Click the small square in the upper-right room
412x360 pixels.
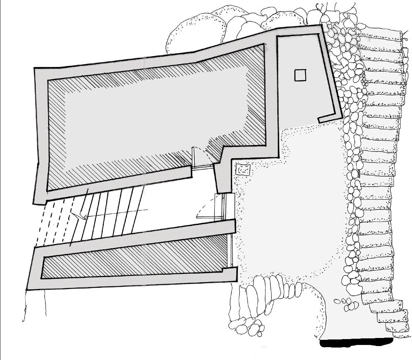pos(300,75)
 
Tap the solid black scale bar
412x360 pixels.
pos(356,343)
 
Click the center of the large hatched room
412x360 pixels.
pos(154,117)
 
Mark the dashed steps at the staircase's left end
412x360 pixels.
pos(55,224)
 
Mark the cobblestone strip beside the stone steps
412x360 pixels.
pos(352,165)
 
